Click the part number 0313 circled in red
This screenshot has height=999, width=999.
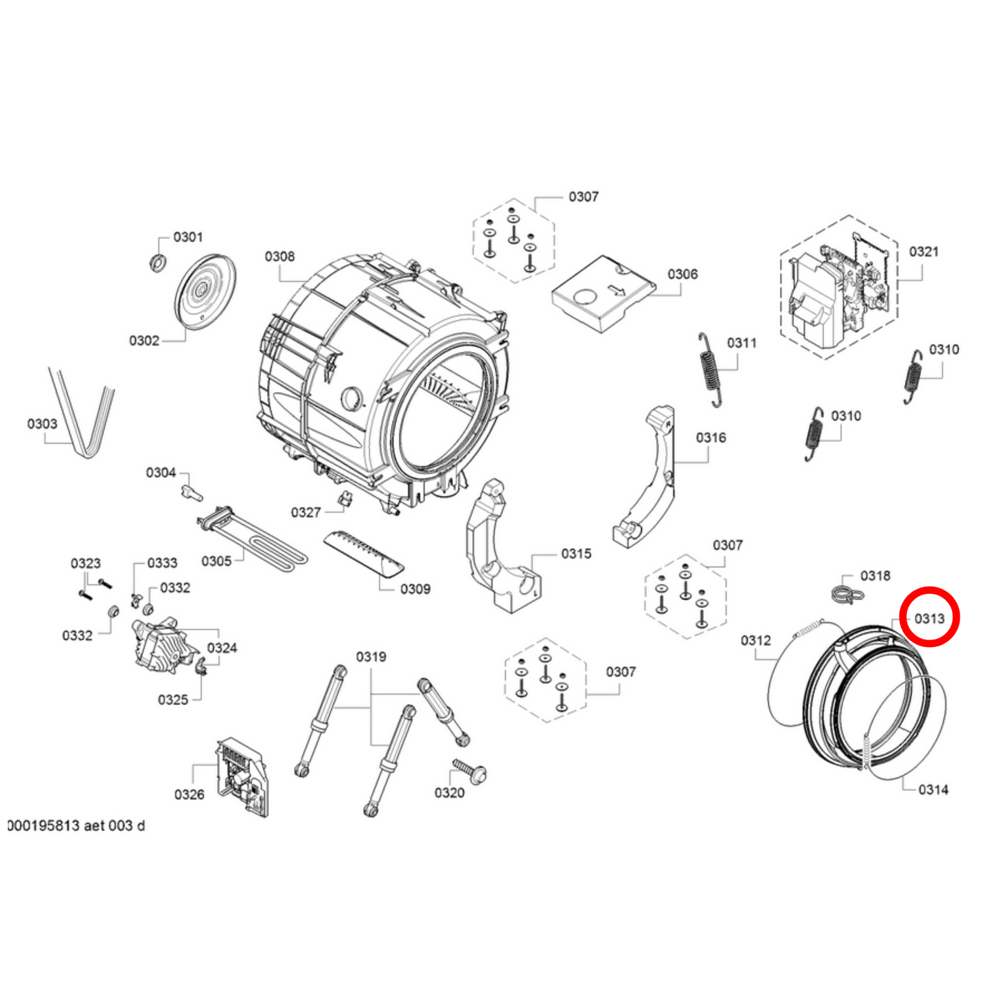[x=929, y=618]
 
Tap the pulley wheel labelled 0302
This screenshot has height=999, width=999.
[x=203, y=291]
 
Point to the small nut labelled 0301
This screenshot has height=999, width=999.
[x=158, y=262]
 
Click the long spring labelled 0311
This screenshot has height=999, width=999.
[x=709, y=369]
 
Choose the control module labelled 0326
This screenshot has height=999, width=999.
[x=241, y=776]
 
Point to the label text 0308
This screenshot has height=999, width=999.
[x=279, y=256]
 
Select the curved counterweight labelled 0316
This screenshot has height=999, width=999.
[x=646, y=477]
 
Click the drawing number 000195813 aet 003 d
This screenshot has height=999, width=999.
[x=77, y=825]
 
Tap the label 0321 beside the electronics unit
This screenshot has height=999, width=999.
[x=924, y=252]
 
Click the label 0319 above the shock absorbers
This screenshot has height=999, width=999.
[x=371, y=656]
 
